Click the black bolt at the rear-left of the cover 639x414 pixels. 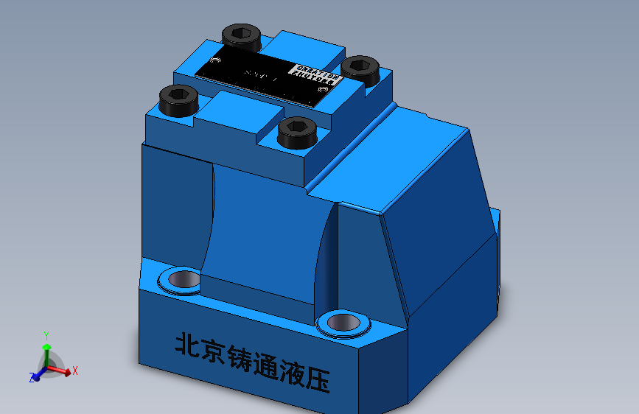[x=241, y=35]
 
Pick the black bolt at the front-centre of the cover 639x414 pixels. [x=298, y=131]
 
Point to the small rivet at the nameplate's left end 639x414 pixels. [x=216, y=60]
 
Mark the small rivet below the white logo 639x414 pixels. [x=321, y=89]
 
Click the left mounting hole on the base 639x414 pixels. [x=181, y=280]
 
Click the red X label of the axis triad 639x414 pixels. [x=75, y=371]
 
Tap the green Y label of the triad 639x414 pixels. [x=46, y=335]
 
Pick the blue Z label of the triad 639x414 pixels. [x=32, y=378]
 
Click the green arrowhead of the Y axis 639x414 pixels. [x=46, y=345]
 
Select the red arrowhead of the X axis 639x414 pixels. [x=68, y=373]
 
